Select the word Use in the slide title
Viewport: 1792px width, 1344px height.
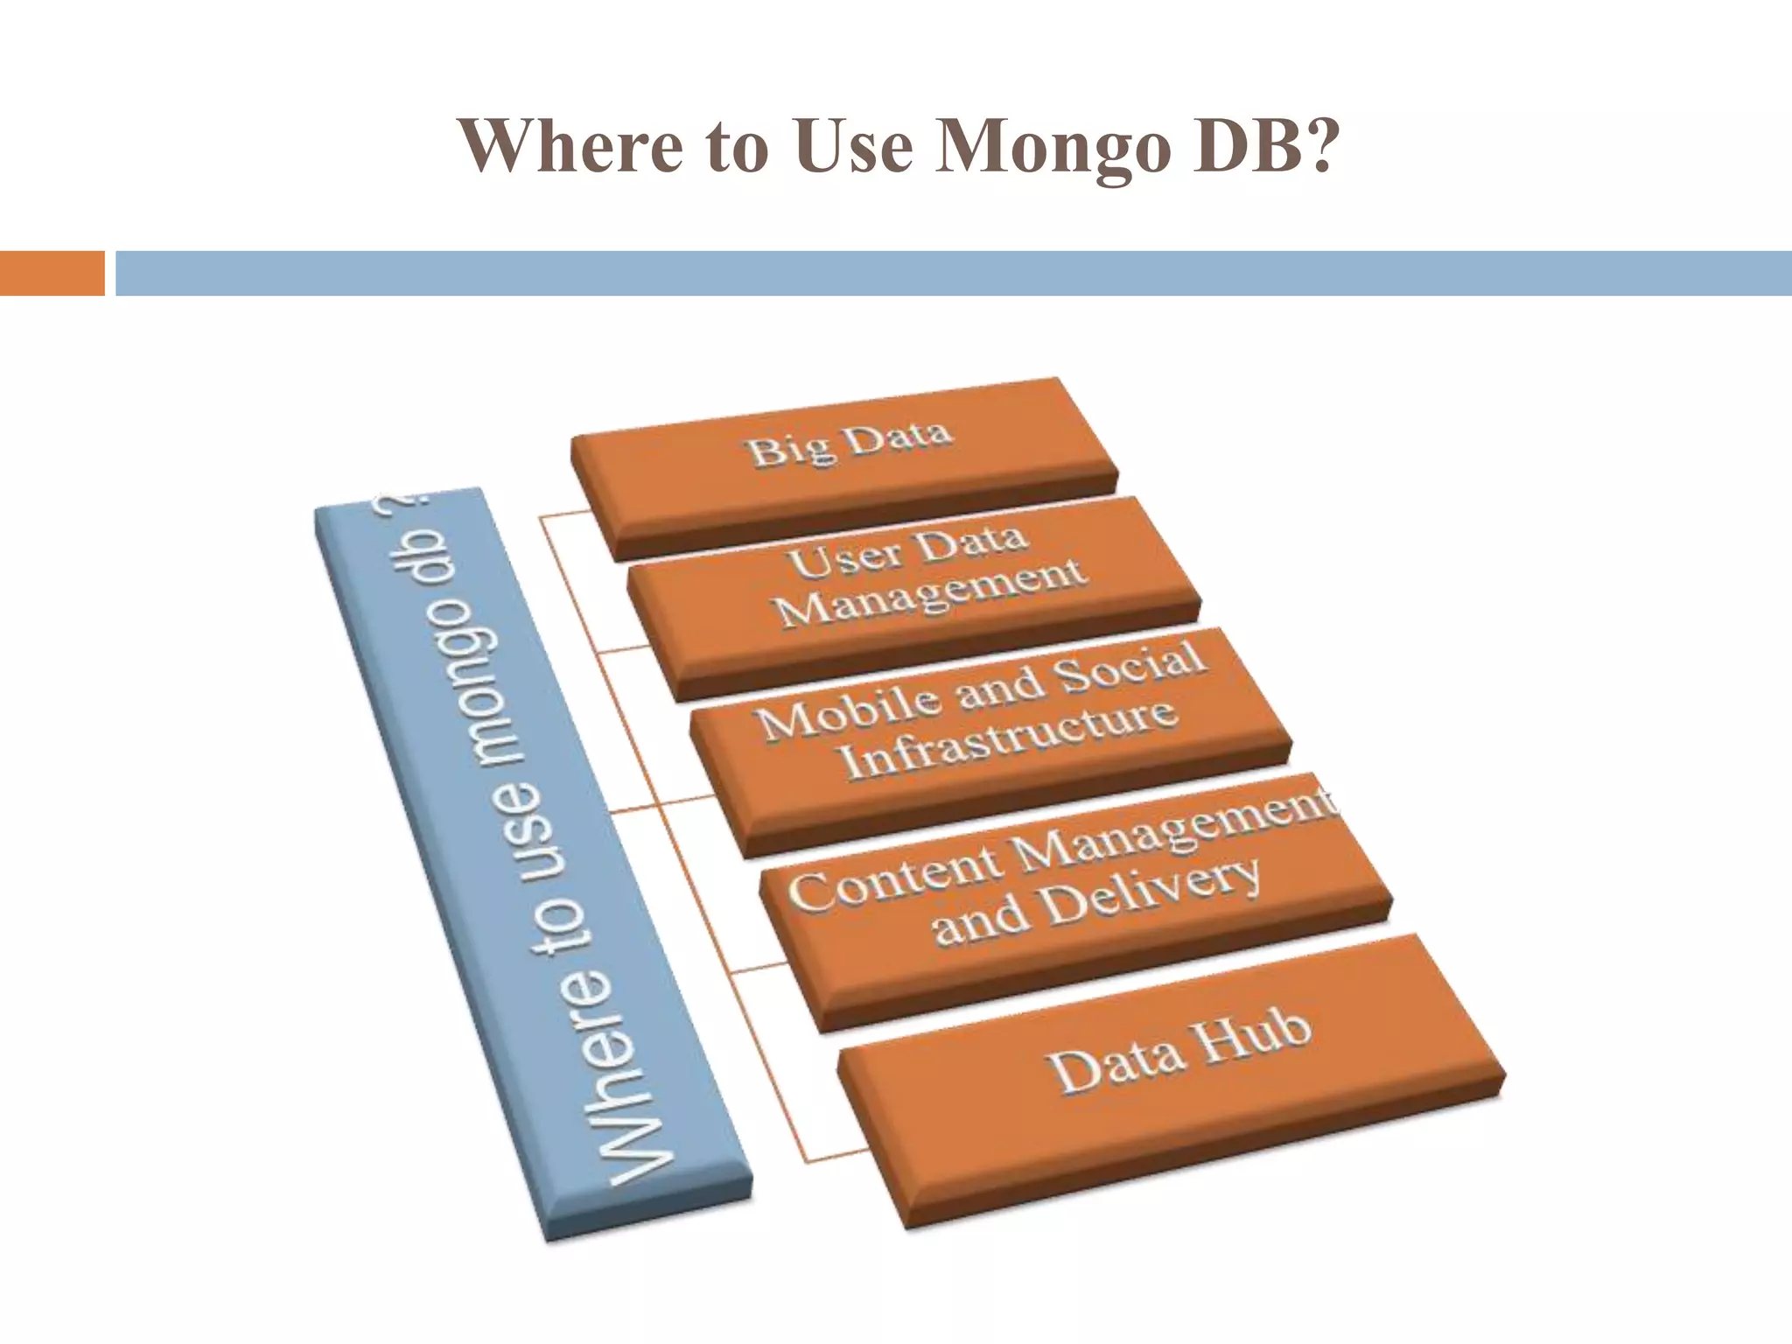(857, 144)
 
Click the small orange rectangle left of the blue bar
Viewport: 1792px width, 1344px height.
(52, 273)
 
